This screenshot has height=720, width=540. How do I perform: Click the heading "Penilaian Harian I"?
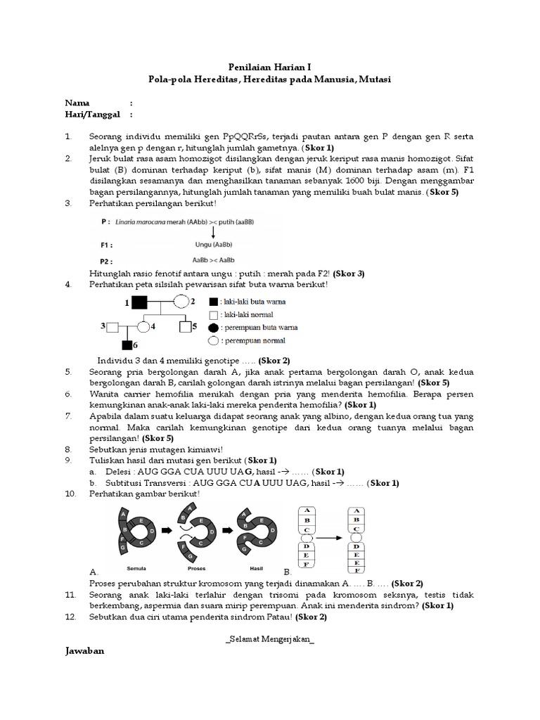(x=270, y=67)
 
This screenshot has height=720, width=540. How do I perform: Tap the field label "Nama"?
(x=77, y=102)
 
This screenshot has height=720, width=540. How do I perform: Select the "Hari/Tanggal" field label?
(x=93, y=114)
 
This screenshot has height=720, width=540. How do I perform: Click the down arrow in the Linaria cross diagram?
(x=213, y=231)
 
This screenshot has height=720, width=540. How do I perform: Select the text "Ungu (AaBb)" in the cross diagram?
(x=212, y=245)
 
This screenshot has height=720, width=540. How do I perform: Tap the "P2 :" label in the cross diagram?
(x=107, y=259)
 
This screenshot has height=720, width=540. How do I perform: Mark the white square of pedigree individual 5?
(x=185, y=326)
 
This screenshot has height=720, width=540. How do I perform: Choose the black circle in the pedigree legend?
(x=214, y=327)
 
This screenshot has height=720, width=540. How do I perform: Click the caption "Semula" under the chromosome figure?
(x=136, y=566)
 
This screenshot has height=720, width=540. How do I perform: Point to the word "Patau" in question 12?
(x=278, y=617)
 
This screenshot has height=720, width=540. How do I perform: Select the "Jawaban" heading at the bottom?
(x=84, y=651)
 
